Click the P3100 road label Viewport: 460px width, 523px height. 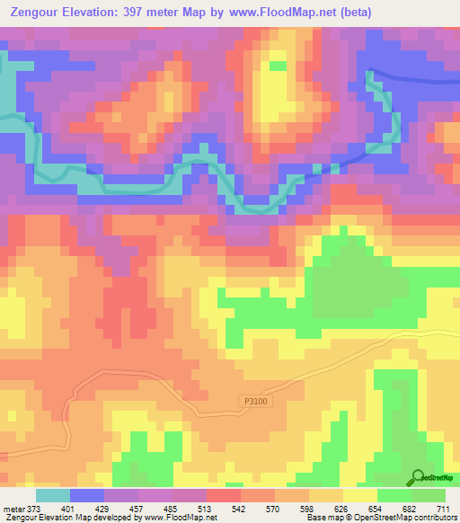(x=254, y=403)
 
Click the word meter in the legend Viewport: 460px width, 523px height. (x=14, y=509)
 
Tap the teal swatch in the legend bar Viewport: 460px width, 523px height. (x=53, y=495)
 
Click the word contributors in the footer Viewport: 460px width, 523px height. (x=430, y=518)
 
